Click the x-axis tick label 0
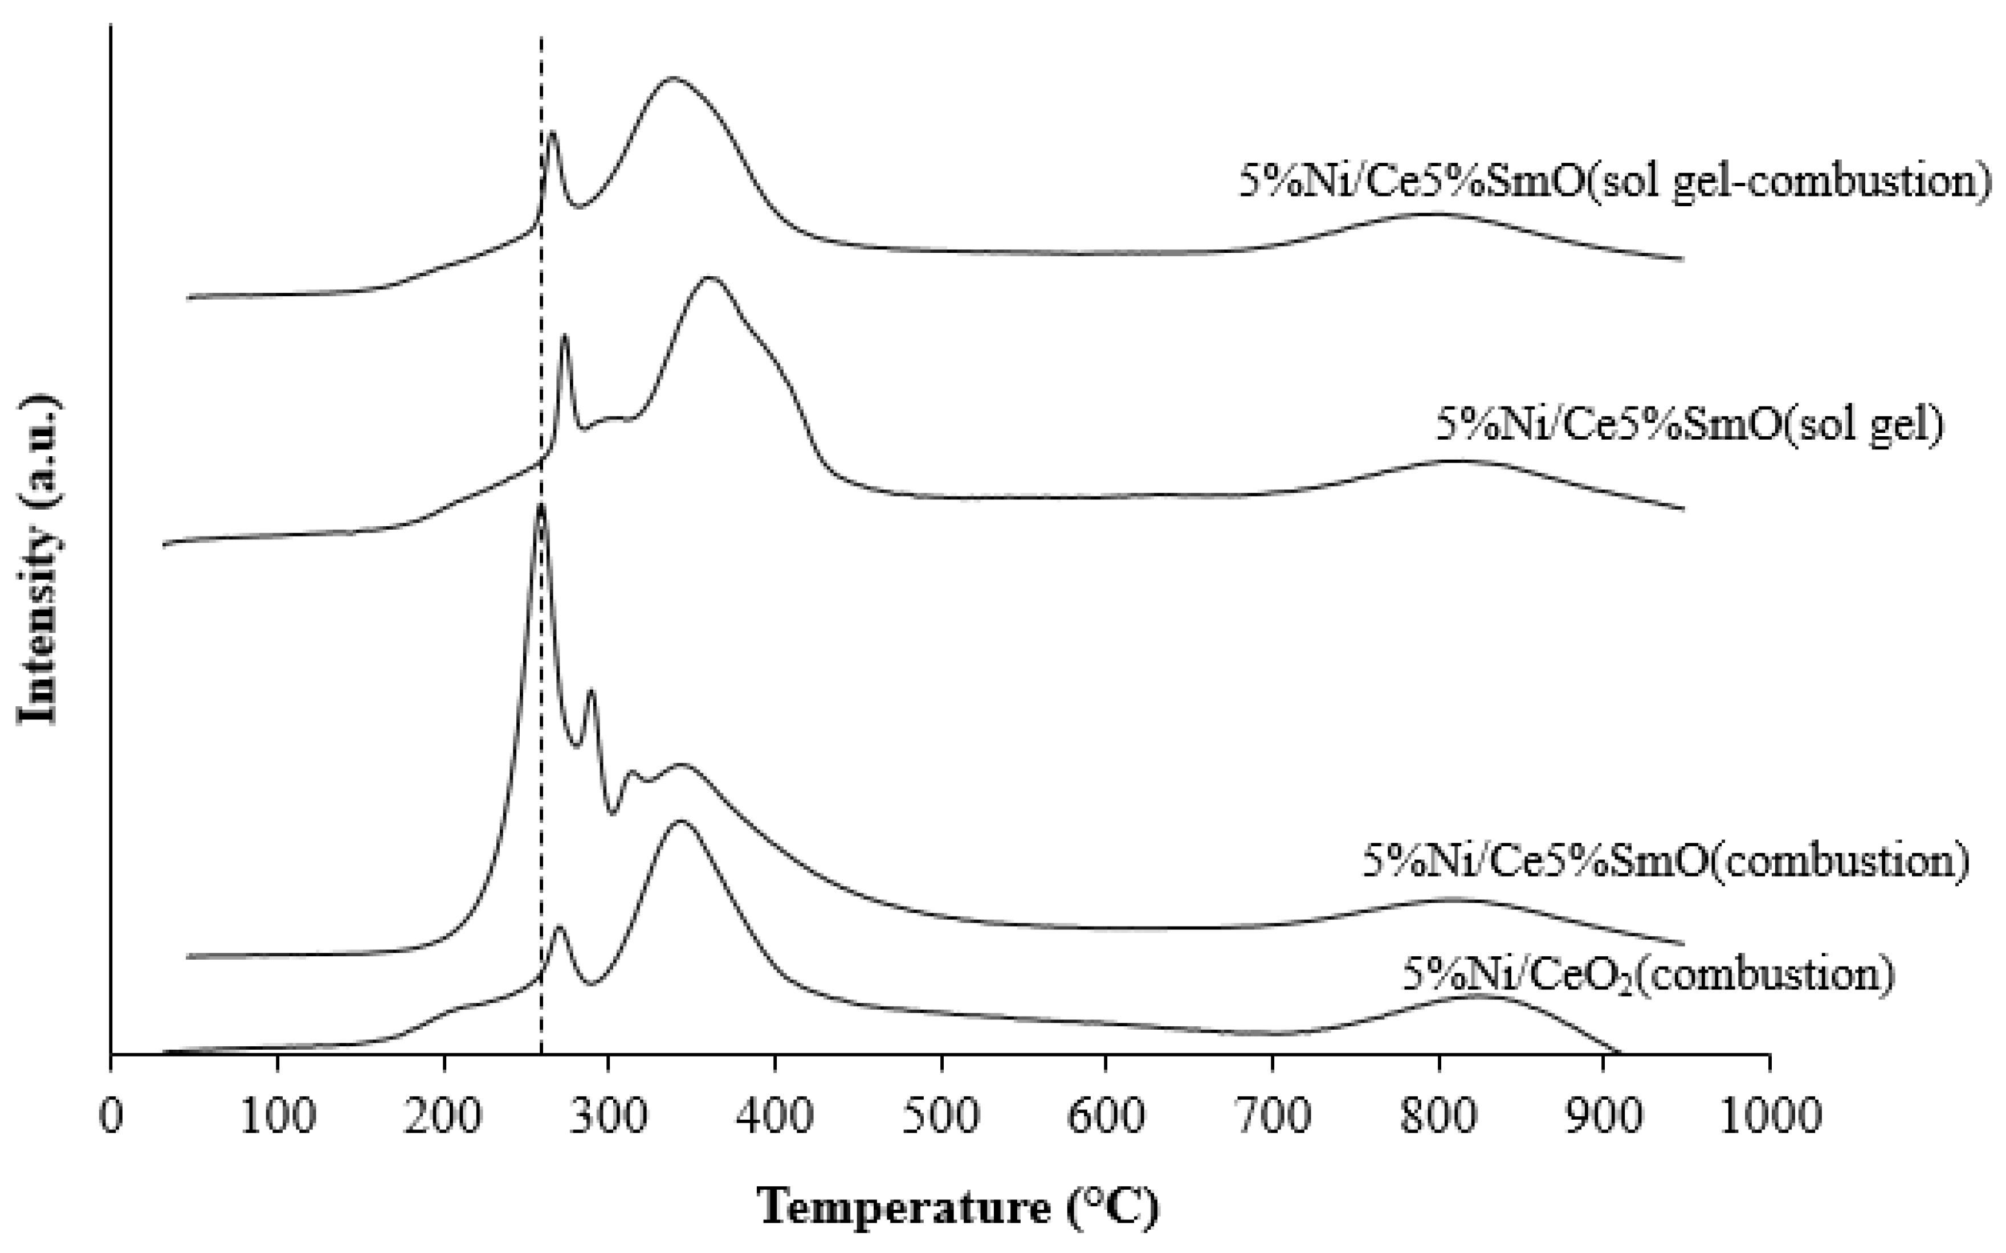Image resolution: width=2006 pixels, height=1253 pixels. pos(111,1116)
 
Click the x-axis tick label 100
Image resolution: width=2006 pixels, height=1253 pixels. pos(277,1116)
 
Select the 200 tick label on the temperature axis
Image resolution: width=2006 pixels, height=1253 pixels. pos(443,1116)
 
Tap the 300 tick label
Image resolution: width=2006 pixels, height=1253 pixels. pos(609,1116)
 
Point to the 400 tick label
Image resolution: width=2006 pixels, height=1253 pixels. pos(775,1116)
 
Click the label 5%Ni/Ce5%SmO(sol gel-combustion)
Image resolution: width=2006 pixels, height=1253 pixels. pos(1614,180)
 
